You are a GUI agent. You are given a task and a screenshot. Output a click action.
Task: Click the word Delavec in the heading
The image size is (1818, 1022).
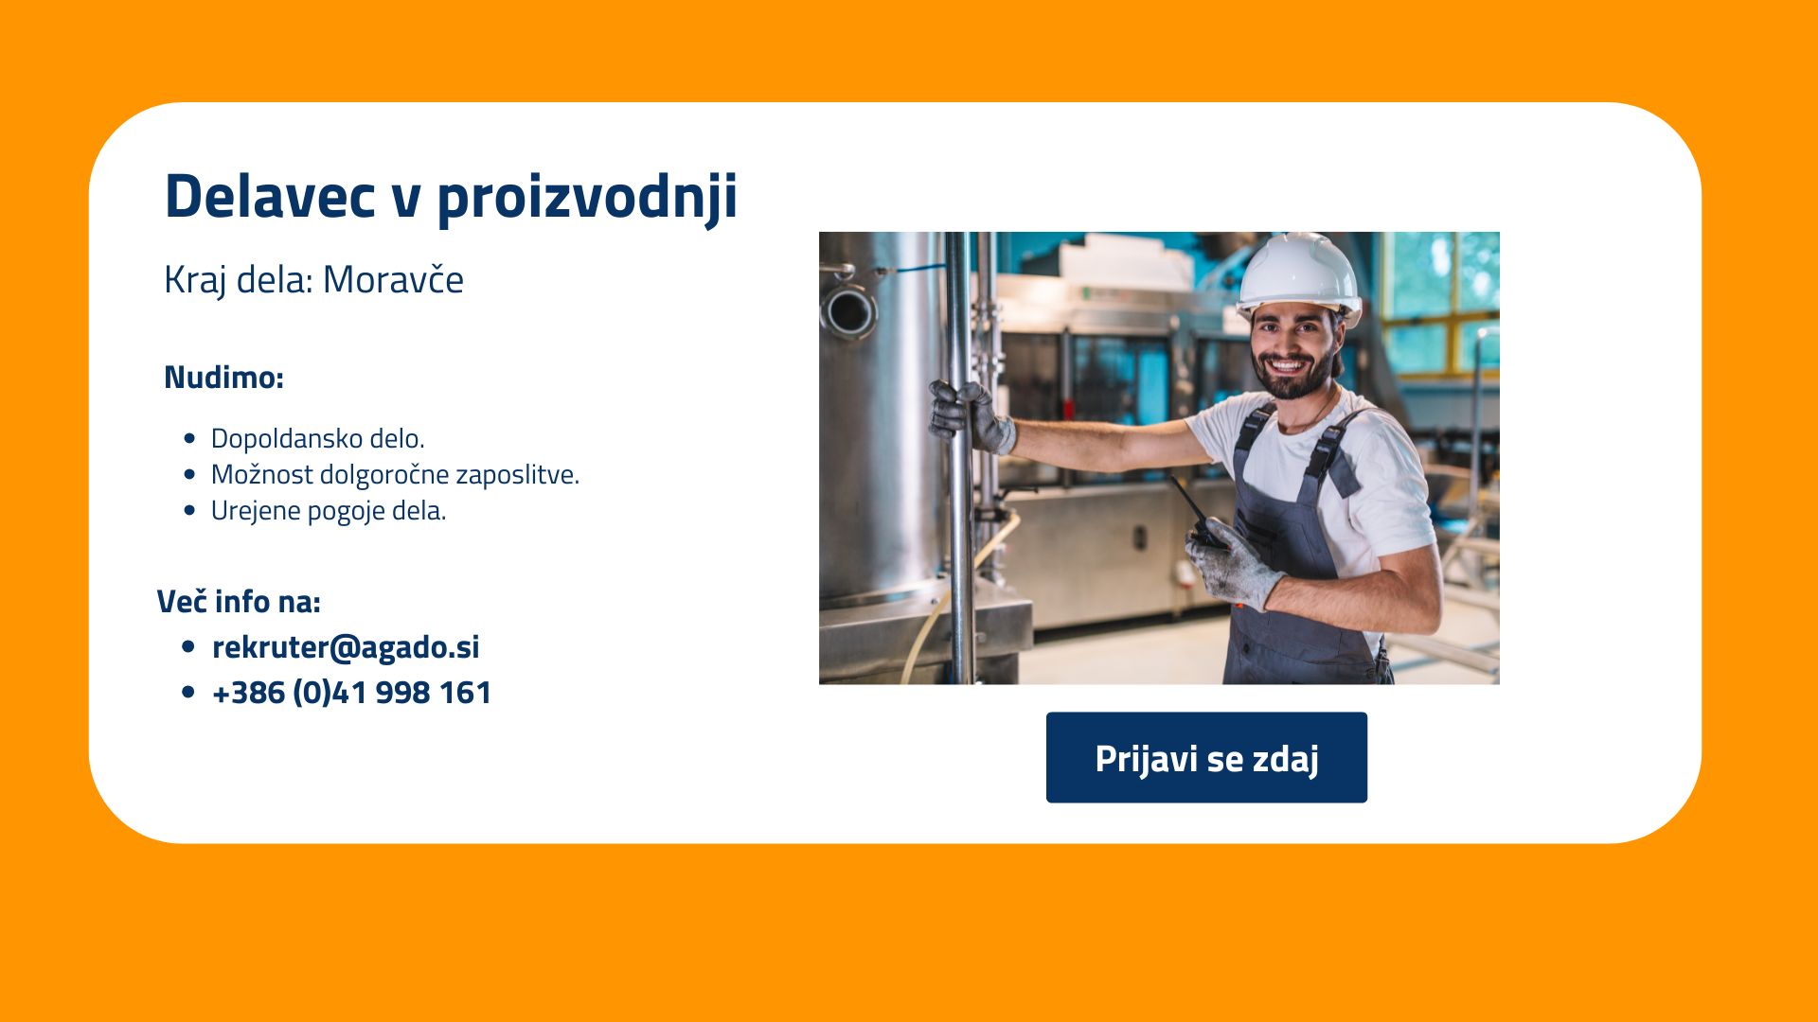(270, 196)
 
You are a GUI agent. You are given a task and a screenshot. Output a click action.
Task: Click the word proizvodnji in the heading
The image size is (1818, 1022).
(587, 200)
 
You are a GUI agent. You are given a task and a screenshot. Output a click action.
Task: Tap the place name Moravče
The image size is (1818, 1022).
(393, 279)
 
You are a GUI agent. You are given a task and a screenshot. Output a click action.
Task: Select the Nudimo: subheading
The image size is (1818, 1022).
(223, 377)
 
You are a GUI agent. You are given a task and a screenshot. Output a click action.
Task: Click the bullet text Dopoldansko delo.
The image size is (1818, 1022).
(317, 438)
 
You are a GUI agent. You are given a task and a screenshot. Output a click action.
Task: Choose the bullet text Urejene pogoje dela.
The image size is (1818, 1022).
(328, 511)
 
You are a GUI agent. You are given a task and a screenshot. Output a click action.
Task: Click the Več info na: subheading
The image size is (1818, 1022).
(239, 601)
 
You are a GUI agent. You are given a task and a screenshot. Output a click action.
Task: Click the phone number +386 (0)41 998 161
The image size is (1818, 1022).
(351, 692)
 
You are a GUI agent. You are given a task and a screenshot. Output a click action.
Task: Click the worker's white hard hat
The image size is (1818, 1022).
(1299, 274)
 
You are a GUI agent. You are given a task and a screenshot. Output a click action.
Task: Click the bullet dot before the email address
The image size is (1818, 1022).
(187, 647)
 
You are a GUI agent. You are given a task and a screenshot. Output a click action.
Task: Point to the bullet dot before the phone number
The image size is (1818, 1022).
(187, 693)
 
